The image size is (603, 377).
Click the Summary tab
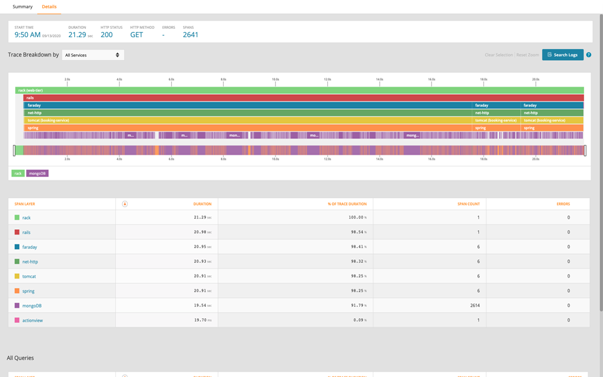coord(22,7)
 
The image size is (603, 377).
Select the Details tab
coord(49,7)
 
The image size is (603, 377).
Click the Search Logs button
coord(562,55)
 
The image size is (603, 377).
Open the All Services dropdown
coord(92,55)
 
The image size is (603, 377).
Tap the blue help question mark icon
coord(588,55)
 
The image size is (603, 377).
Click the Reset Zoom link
coord(528,55)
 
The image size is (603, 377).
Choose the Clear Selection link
coord(498,55)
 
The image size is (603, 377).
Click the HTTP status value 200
coord(107,35)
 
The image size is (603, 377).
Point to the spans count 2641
coord(190,35)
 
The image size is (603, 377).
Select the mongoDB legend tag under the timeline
coord(37,173)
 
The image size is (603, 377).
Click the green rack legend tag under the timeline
coord(18,173)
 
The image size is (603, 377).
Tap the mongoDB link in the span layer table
coord(32,306)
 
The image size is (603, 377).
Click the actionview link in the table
coord(32,320)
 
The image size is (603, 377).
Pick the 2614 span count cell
coord(473,306)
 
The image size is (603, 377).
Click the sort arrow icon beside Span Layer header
coord(125,204)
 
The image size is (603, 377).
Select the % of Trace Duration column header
coord(347,204)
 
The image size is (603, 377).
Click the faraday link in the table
coord(29,247)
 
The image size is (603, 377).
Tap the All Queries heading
coord(20,358)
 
